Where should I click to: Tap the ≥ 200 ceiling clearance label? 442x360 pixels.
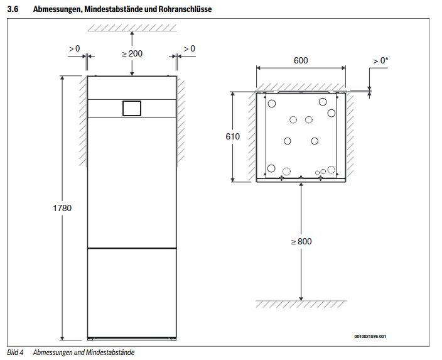[132, 53]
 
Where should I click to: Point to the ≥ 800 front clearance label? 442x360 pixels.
[302, 241]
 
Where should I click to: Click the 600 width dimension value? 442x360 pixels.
[301, 61]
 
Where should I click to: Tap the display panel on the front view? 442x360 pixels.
[131, 108]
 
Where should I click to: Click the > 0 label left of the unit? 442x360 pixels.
[74, 48]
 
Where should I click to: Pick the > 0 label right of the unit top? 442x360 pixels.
[188, 48]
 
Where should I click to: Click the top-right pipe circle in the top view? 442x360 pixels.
[323, 101]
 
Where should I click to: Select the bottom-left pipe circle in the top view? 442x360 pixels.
[271, 168]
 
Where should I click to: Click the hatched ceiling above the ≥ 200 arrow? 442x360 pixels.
[131, 26]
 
